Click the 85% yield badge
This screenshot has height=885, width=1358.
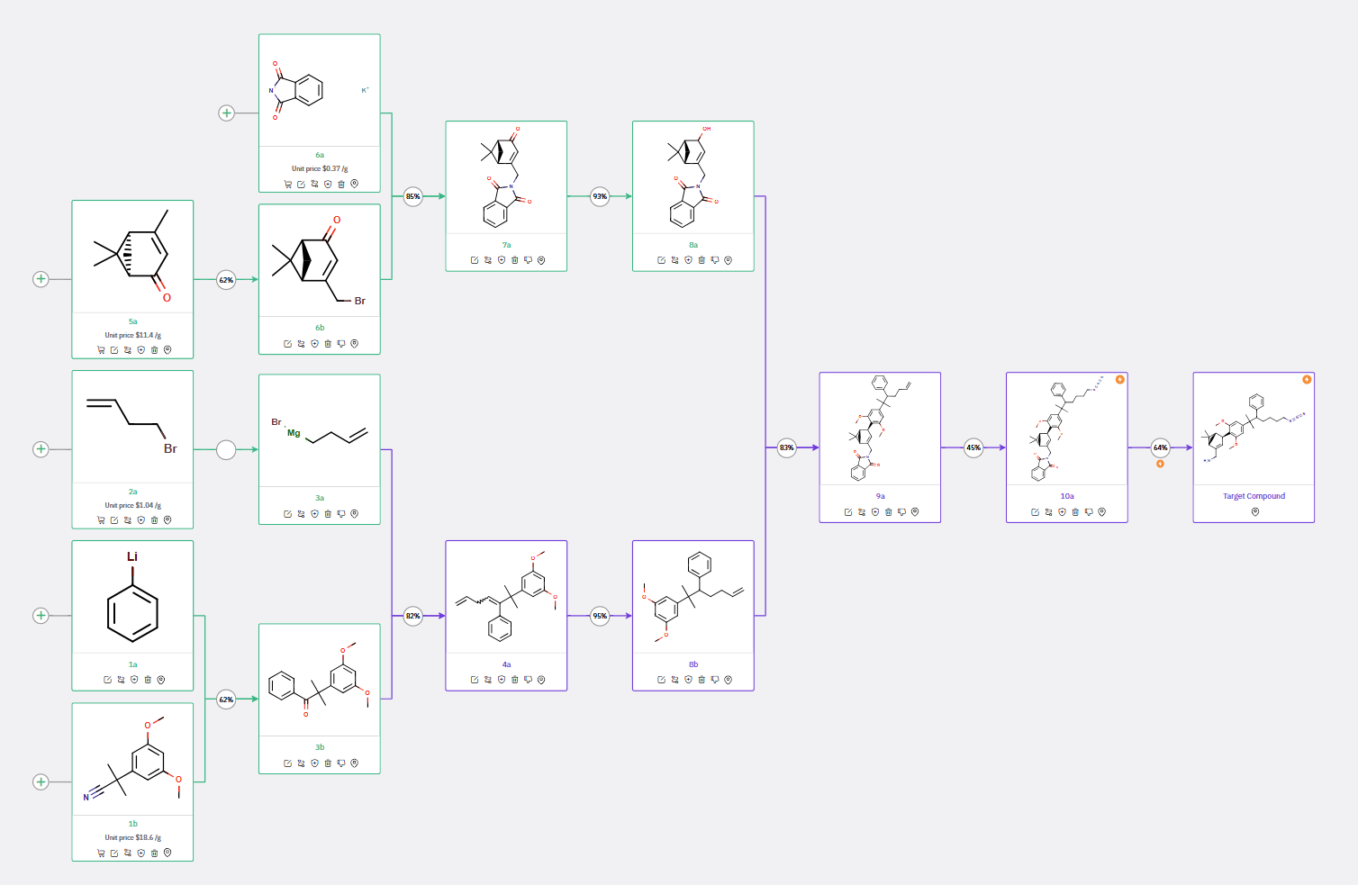(413, 196)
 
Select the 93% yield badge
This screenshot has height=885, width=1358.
(600, 196)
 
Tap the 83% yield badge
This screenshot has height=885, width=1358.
(787, 447)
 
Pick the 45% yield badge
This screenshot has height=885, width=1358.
(973, 447)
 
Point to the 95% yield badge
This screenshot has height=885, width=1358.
(600, 616)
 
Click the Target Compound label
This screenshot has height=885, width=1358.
(1254, 496)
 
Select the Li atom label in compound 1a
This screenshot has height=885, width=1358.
(132, 556)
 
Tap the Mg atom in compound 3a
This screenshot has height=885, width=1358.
(294, 433)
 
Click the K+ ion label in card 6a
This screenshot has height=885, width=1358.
(365, 90)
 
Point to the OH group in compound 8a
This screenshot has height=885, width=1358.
(707, 129)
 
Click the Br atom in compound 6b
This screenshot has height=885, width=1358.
(360, 301)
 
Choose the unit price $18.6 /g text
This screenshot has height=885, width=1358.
(132, 837)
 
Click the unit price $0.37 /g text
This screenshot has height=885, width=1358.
(320, 168)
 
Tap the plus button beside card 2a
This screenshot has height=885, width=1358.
(41, 449)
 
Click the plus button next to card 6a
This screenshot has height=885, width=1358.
(227, 113)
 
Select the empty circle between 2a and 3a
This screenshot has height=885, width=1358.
(226, 449)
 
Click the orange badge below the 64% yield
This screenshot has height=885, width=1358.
(1161, 464)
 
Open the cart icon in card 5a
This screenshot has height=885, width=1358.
(101, 350)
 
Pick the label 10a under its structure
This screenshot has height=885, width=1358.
(1067, 496)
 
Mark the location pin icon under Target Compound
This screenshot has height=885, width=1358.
(1254, 511)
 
